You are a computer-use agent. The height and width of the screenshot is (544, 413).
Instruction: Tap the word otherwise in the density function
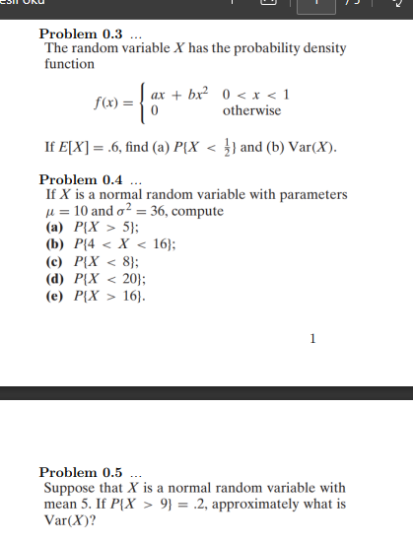click(x=251, y=110)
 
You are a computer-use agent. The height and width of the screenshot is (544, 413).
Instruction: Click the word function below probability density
click(x=69, y=64)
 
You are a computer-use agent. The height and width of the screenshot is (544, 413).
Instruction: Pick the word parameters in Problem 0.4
click(x=310, y=195)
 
